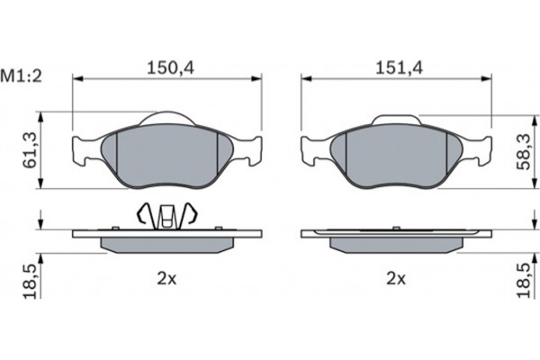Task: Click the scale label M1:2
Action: (x=22, y=76)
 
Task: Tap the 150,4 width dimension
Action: (x=170, y=67)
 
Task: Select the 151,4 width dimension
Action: (x=399, y=67)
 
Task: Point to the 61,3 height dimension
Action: (x=30, y=150)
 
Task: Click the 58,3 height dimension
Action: (x=524, y=152)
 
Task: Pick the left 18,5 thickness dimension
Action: (x=30, y=282)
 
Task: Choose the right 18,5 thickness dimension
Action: (x=524, y=280)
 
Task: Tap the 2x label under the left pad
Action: (x=166, y=278)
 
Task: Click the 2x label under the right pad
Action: (x=396, y=278)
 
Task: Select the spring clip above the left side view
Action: (x=167, y=216)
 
